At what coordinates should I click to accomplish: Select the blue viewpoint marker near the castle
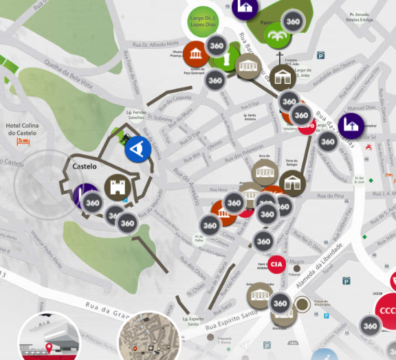click(138, 149)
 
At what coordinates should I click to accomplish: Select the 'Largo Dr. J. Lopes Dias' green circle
click(203, 21)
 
